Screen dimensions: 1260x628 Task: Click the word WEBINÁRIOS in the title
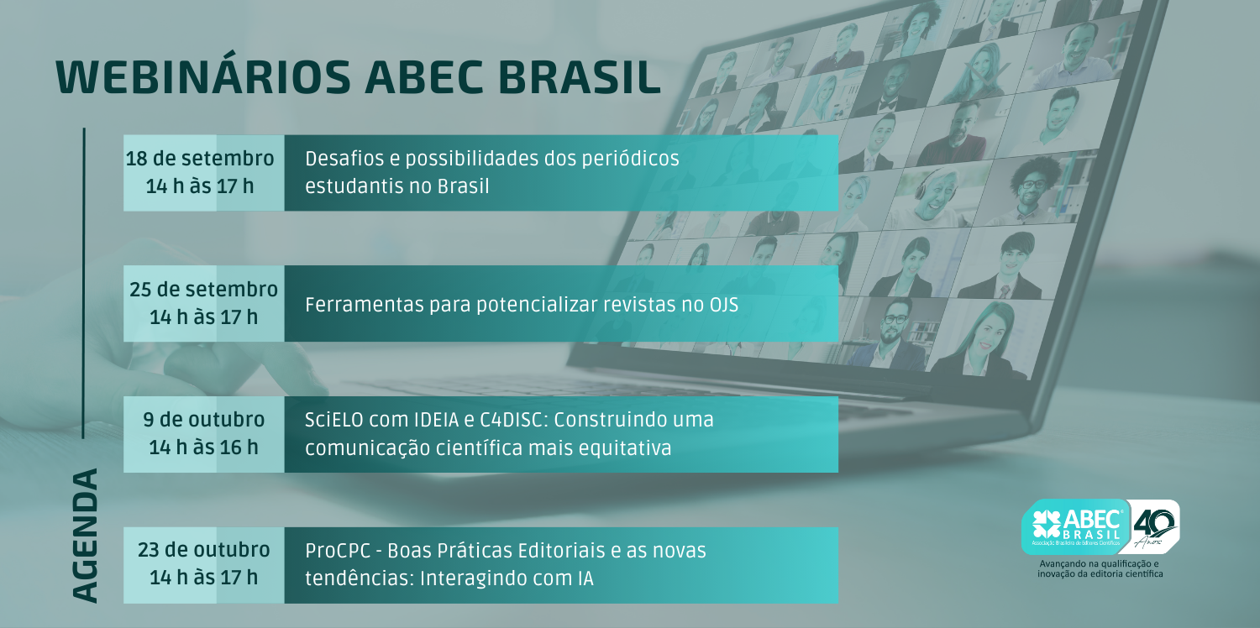(x=203, y=76)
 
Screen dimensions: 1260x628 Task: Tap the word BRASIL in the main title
(x=580, y=77)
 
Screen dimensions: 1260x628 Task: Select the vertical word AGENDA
(x=86, y=536)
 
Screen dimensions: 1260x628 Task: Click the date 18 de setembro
(x=200, y=159)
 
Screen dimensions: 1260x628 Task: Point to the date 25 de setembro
(x=203, y=290)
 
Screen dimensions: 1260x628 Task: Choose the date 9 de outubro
(x=203, y=420)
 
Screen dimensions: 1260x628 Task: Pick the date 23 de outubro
(x=203, y=550)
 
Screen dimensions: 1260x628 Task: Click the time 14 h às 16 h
(x=203, y=447)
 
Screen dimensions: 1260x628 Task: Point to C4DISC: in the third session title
(x=510, y=420)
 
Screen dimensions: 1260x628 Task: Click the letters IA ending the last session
(x=585, y=578)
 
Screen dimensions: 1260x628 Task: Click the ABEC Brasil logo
(x=1075, y=526)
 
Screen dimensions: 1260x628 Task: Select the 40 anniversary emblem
(x=1154, y=526)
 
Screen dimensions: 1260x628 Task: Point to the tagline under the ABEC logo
(x=1100, y=568)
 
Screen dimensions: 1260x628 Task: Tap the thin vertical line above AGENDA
(x=84, y=283)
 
